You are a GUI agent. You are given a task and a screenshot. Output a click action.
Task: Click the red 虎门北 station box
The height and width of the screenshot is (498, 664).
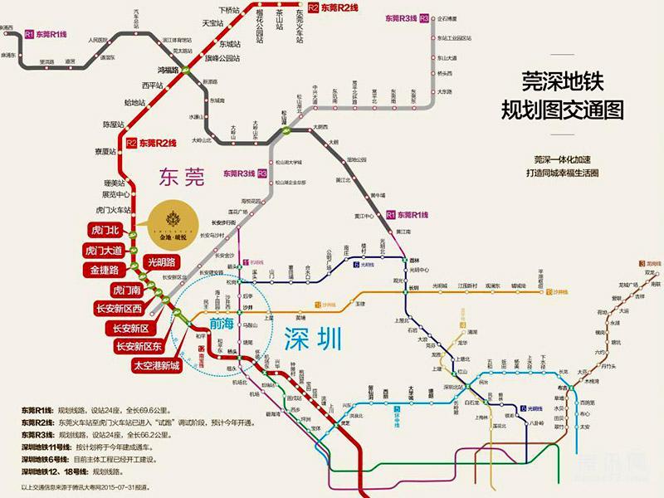105,230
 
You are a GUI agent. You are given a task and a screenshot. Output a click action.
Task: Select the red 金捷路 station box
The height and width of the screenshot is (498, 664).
105,270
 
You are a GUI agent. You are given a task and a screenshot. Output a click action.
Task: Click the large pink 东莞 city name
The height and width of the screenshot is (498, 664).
181,177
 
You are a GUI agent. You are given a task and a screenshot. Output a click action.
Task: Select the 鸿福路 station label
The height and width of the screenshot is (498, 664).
168,71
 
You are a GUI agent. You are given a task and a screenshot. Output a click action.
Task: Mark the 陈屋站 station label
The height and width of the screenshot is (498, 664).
114,124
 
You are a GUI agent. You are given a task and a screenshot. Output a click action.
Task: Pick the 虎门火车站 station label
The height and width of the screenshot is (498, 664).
114,210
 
